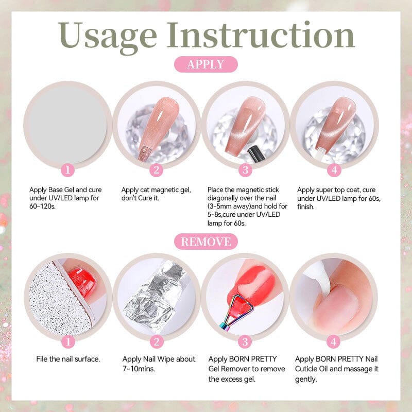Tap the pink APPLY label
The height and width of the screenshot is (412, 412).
[205, 64]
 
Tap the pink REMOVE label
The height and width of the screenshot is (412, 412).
[205, 241]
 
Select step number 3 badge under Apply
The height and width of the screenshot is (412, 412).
[245, 170]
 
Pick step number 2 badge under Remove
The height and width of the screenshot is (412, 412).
[157, 341]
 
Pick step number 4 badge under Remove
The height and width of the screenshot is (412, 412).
[334, 341]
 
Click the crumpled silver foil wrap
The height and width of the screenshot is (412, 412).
[154, 294]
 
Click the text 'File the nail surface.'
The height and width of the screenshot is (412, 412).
[68, 359]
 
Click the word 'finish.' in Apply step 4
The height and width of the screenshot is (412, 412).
[307, 206]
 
